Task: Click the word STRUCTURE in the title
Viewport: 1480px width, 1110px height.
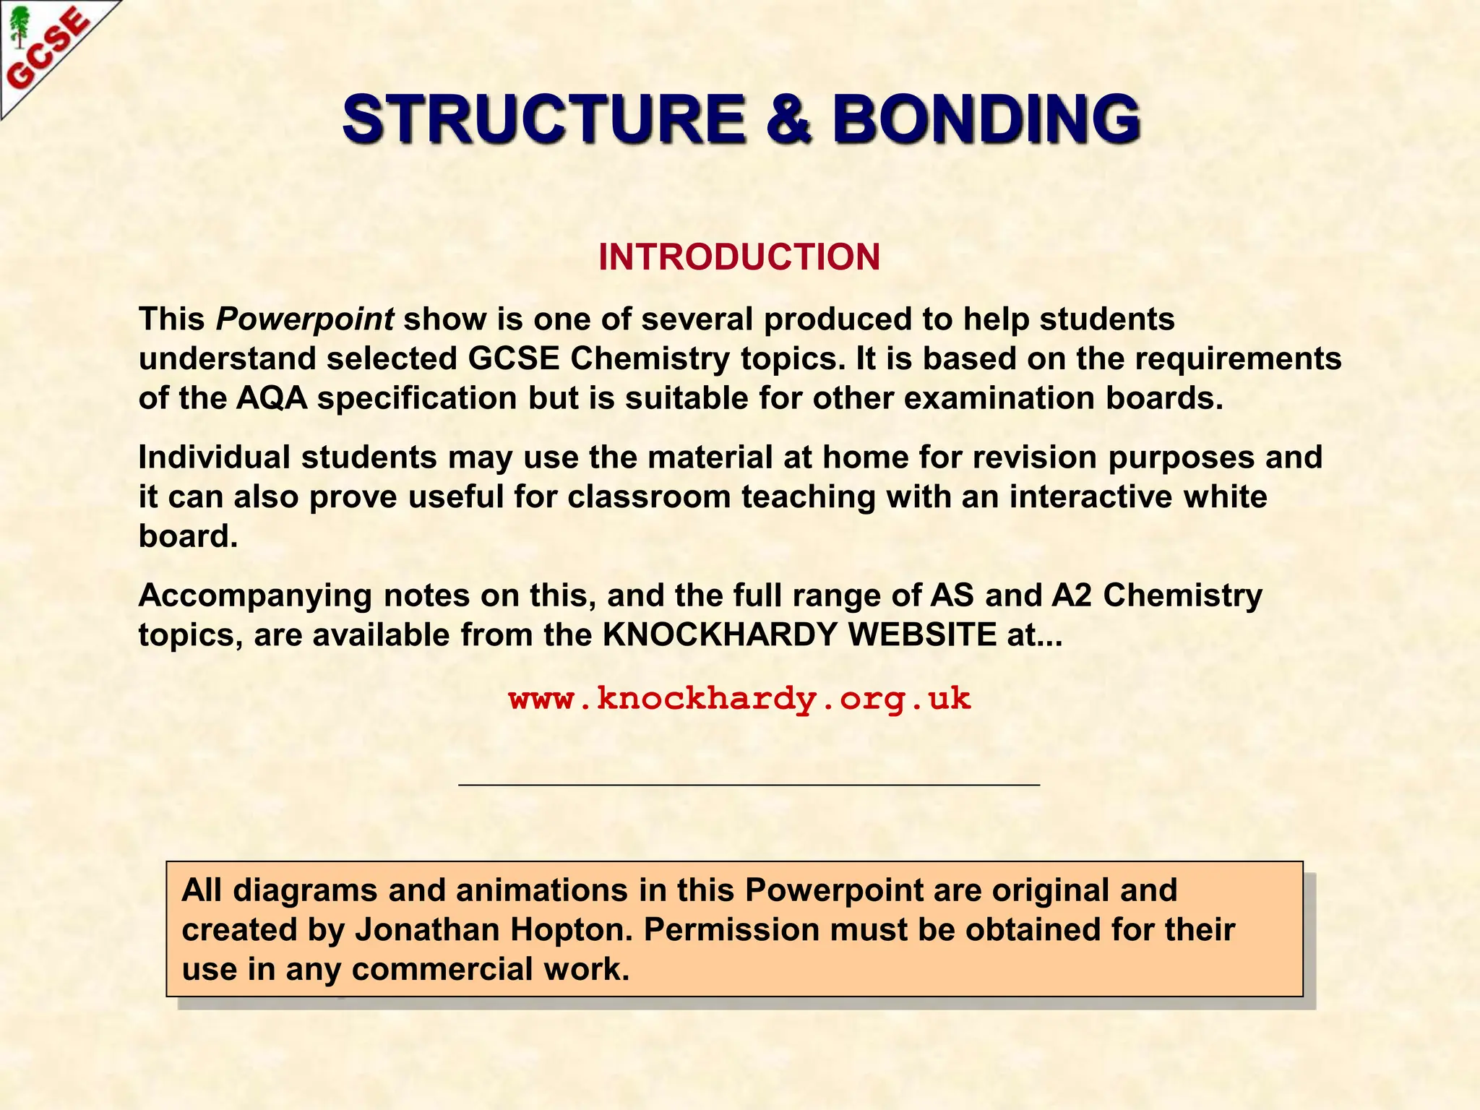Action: point(543,119)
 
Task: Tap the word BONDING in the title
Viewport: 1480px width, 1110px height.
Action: point(986,119)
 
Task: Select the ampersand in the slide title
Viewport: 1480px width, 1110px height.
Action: point(788,119)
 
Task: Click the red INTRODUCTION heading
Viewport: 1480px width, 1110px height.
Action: point(739,257)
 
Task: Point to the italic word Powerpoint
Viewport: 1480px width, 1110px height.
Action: point(305,319)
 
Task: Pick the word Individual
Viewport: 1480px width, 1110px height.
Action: point(215,457)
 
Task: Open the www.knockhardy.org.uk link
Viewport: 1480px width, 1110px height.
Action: point(739,699)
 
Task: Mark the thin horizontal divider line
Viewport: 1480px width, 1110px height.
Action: point(749,784)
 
